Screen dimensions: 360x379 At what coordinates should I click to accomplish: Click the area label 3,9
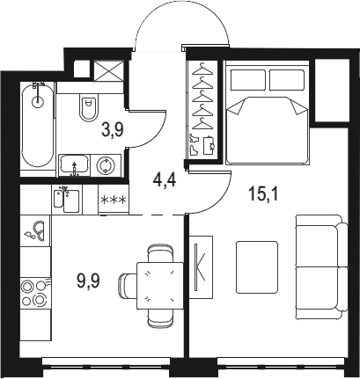pyautogui.click(x=113, y=130)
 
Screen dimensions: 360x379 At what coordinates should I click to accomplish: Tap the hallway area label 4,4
pyautogui.click(x=165, y=179)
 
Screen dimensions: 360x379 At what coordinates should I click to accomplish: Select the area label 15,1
pyautogui.click(x=263, y=193)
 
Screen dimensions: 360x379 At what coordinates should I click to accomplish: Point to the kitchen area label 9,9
pyautogui.click(x=88, y=281)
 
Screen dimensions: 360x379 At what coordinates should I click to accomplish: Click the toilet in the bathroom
pyautogui.click(x=88, y=107)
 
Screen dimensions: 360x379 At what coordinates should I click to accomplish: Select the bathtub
pyautogui.click(x=38, y=126)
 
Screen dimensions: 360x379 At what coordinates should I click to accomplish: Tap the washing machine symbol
pyautogui.click(x=106, y=165)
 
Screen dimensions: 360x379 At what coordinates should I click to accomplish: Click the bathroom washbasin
pyautogui.click(x=75, y=165)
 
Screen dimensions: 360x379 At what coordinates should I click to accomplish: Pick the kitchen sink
pyautogui.click(x=67, y=200)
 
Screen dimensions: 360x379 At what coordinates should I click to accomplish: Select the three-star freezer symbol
pyautogui.click(x=114, y=200)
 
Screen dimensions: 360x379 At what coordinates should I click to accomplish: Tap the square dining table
pyautogui.click(x=160, y=286)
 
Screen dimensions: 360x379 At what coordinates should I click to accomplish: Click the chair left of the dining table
pyautogui.click(x=128, y=286)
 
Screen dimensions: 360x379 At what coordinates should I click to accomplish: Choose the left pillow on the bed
pyautogui.click(x=248, y=80)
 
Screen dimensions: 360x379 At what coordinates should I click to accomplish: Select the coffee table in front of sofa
pyautogui.click(x=257, y=267)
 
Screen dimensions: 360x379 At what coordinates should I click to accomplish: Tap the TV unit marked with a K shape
pyautogui.click(x=201, y=267)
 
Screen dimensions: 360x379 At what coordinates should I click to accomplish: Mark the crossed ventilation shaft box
pyautogui.click(x=109, y=71)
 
